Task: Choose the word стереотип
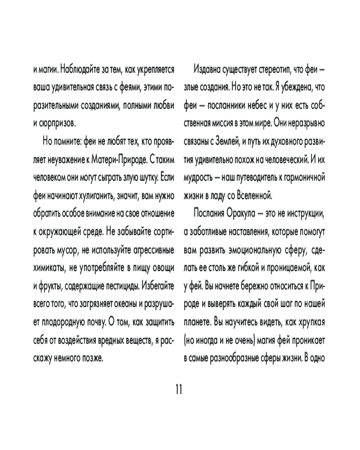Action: coord(278,70)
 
